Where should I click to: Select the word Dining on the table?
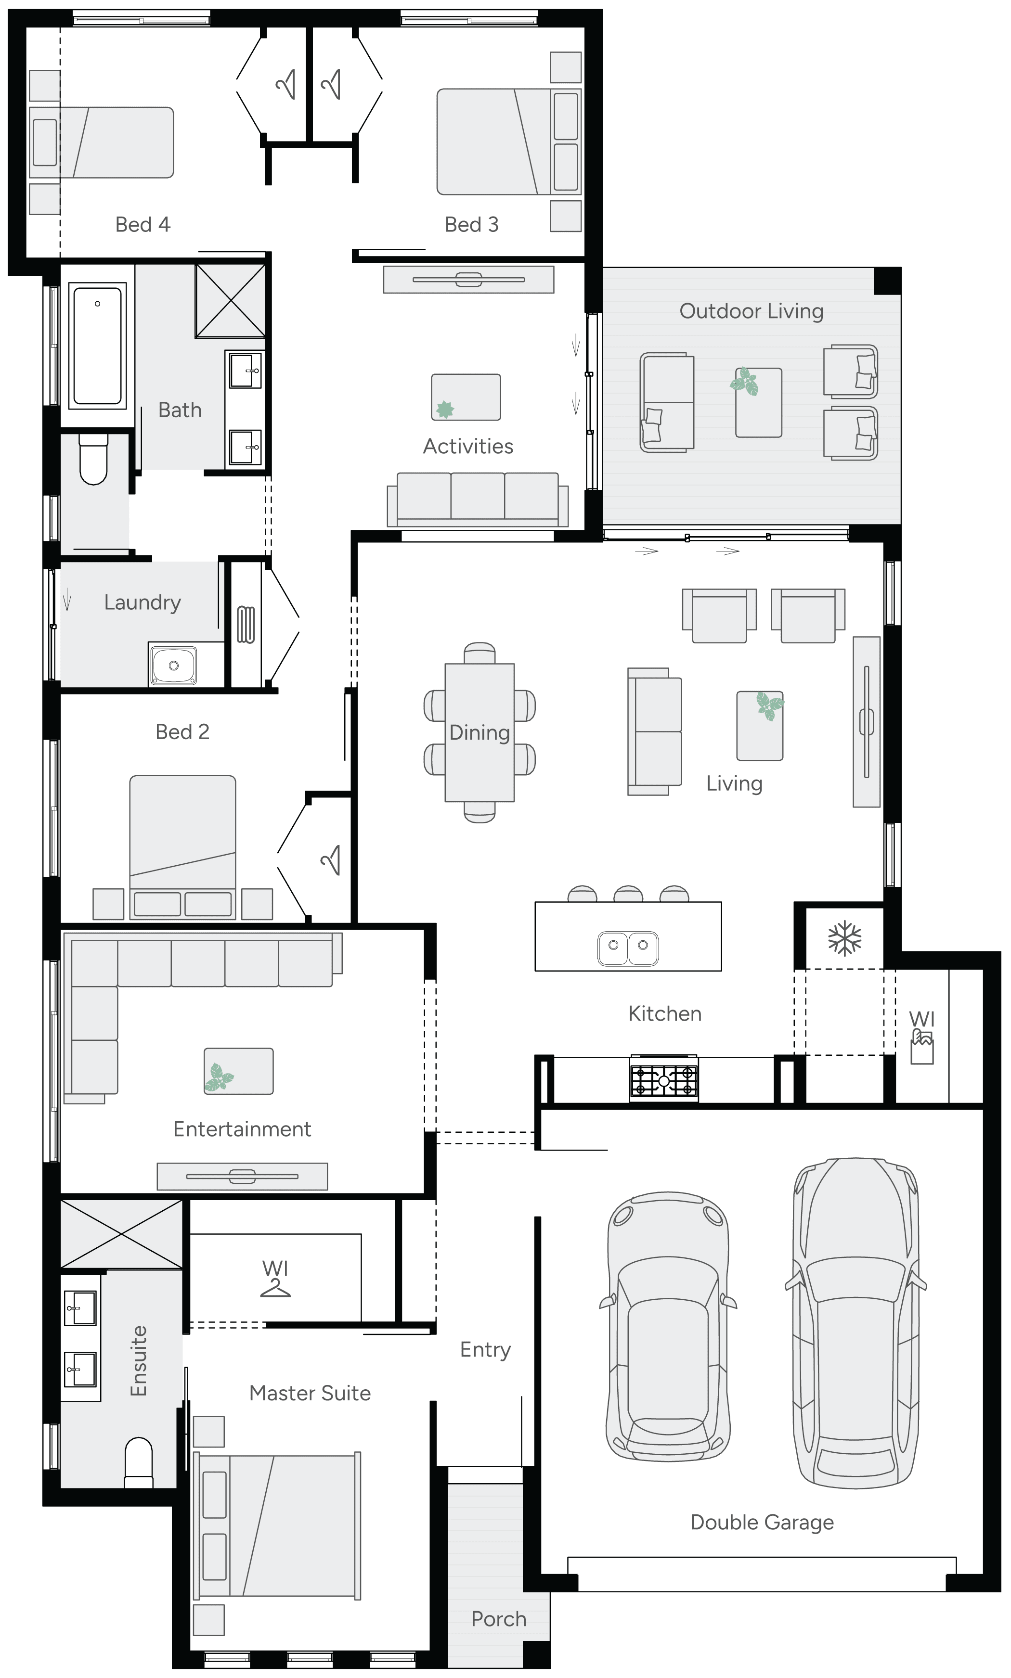point(479,733)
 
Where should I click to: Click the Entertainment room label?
point(242,1129)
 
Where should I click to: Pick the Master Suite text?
point(310,1393)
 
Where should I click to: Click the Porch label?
point(499,1619)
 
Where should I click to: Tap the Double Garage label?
point(762,1522)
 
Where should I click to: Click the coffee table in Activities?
point(466,397)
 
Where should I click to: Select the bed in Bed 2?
point(182,846)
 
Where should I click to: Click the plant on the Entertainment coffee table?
point(219,1076)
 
